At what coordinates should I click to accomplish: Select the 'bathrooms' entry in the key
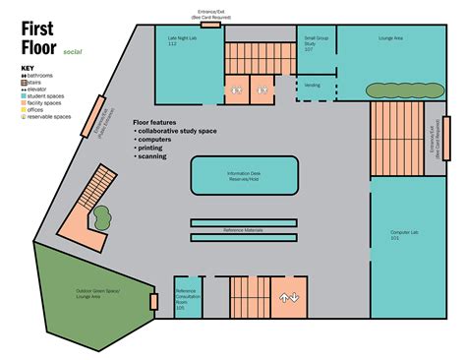click(37, 75)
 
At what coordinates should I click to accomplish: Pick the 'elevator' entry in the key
click(36, 87)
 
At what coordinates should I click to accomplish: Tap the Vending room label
click(313, 85)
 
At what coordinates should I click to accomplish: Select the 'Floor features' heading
click(156, 122)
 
